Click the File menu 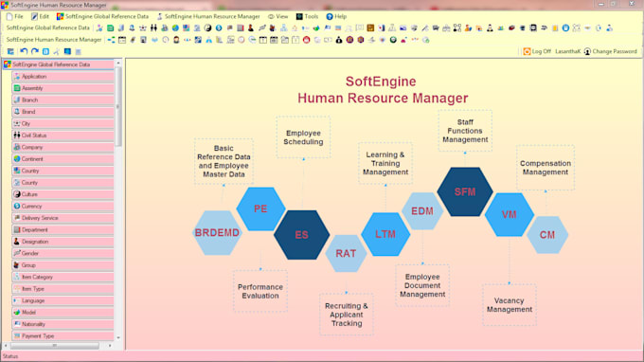[14, 16]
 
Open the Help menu [336, 16]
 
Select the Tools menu [307, 16]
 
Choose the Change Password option [611, 51]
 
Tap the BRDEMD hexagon [218, 233]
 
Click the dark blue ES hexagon [301, 234]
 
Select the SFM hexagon [465, 191]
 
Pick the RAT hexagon [346, 253]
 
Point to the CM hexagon [547, 234]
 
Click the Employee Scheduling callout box [303, 136]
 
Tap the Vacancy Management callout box [509, 304]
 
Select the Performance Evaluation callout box [259, 291]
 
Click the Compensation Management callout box [545, 167]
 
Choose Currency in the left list [32, 206]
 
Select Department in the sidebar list [35, 229]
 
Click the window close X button [635, 5]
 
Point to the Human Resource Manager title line [383, 98]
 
